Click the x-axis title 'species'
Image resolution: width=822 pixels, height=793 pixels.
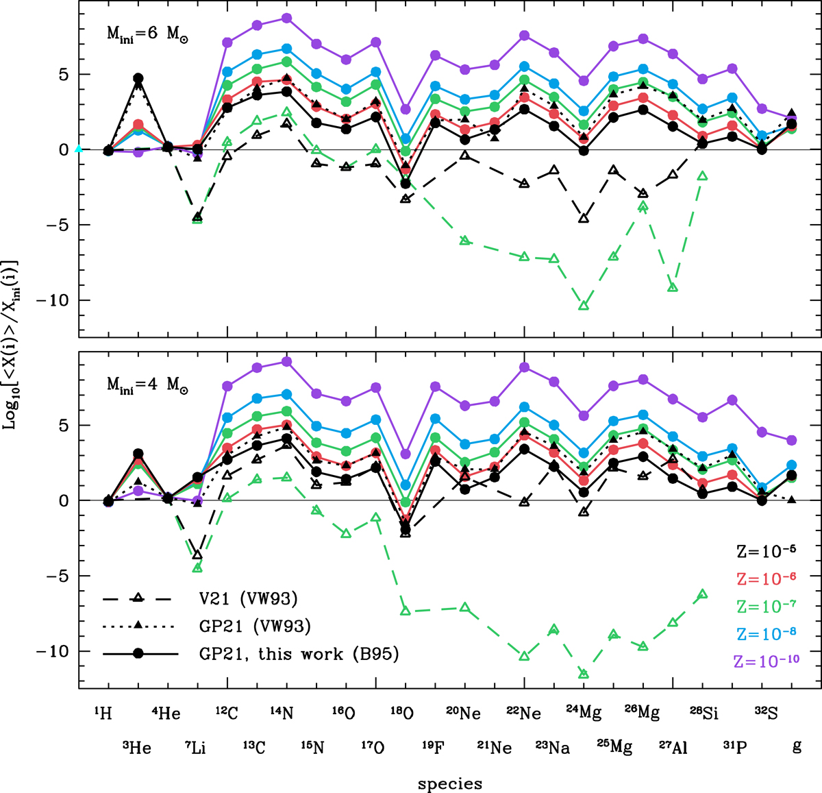pos(450,784)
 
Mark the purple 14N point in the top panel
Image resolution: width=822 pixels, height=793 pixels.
pos(287,18)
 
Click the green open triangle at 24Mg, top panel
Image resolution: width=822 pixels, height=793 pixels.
pos(584,306)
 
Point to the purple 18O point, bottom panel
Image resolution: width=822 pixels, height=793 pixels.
pos(406,454)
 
